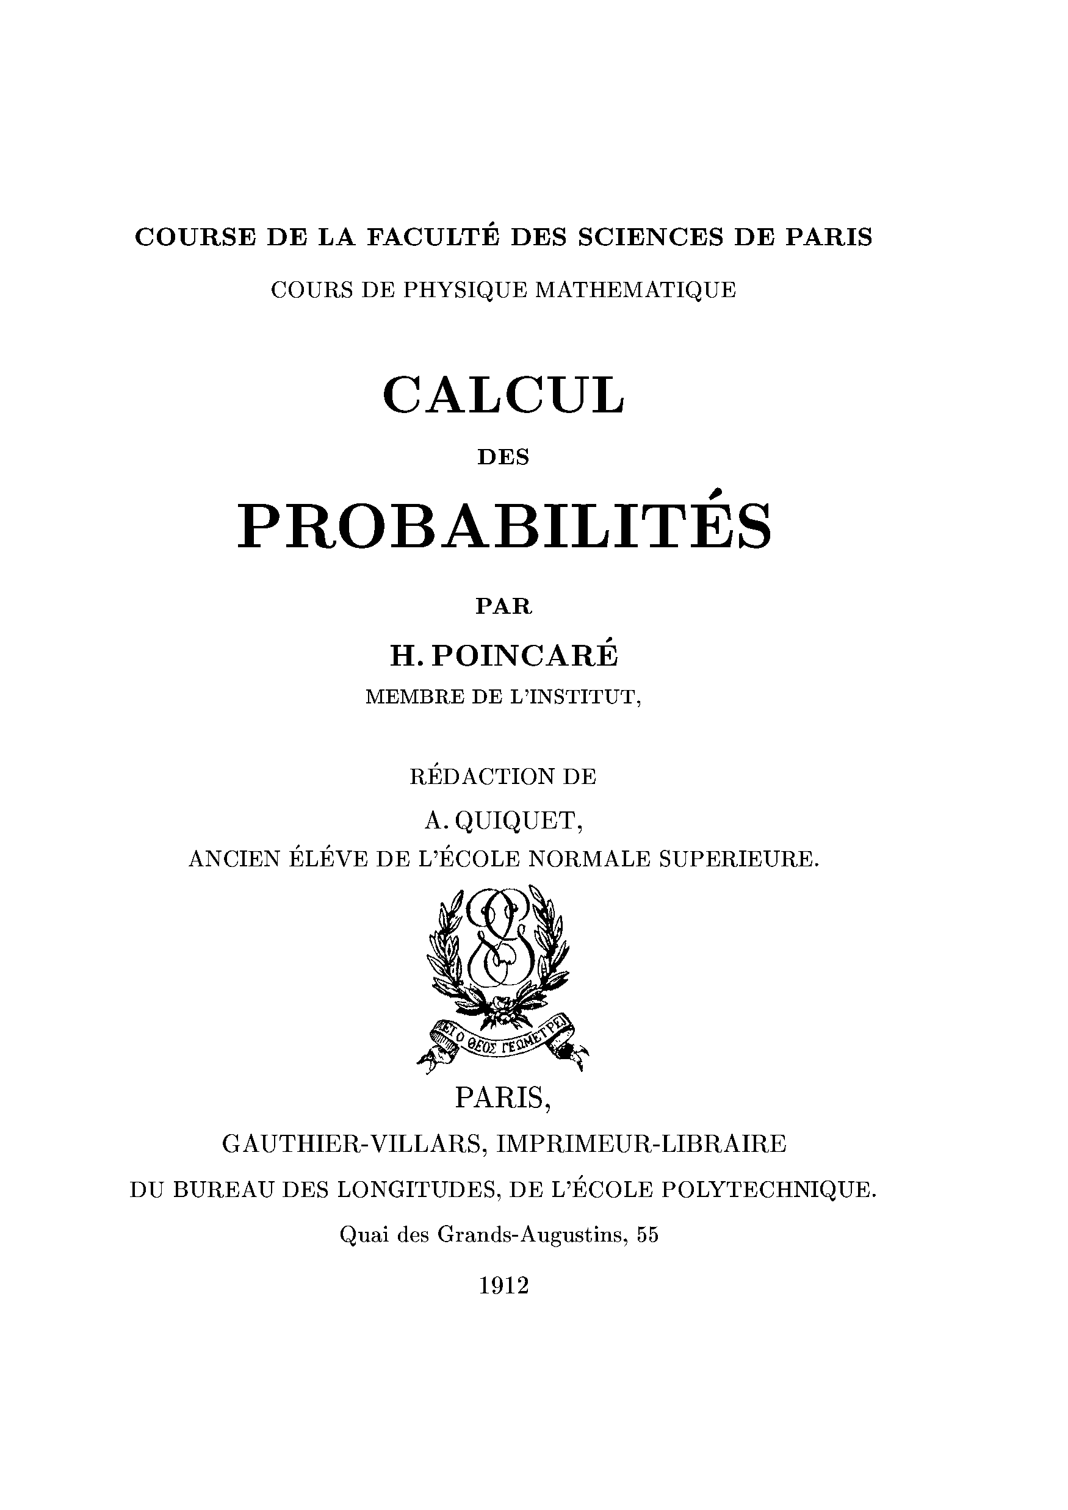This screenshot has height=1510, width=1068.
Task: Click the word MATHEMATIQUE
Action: (637, 290)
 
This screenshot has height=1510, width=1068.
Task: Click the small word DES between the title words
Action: (503, 458)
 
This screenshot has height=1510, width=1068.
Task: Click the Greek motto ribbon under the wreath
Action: (503, 1040)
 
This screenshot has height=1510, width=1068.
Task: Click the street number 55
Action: (648, 1235)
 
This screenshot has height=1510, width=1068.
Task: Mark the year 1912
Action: (503, 1285)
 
